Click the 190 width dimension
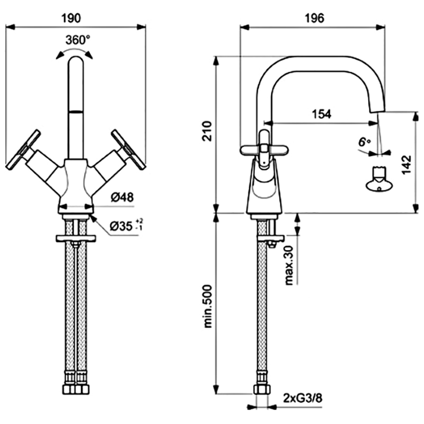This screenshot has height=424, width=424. point(74,17)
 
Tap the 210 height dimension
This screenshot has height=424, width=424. point(208,131)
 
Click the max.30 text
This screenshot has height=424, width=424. point(289,265)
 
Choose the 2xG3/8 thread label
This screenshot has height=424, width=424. point(302,397)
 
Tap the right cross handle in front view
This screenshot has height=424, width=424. point(128,149)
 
